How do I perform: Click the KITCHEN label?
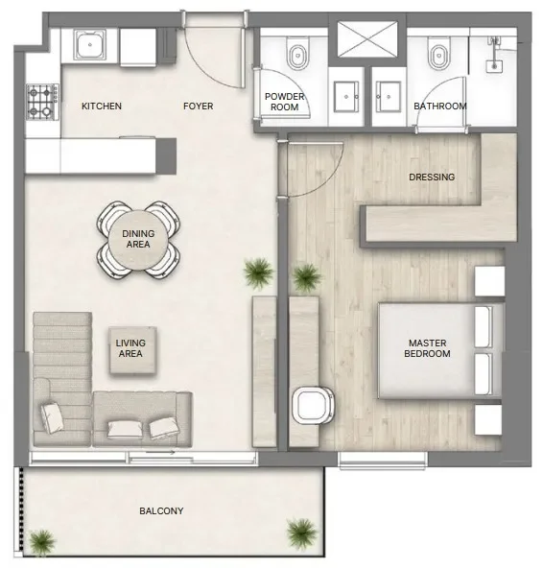tap(101, 106)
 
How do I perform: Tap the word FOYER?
tap(198, 106)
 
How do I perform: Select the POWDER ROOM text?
tap(285, 101)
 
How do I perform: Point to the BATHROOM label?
tap(440, 106)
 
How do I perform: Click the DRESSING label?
tap(431, 177)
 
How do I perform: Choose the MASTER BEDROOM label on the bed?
tap(429, 348)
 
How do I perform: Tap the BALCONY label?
tap(161, 511)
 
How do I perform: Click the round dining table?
tap(139, 239)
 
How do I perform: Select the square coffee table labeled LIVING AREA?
tap(130, 348)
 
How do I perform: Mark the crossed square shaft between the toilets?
tap(367, 40)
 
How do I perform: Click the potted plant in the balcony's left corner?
tap(40, 543)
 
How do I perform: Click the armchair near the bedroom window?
tap(312, 403)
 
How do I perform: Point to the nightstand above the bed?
tap(489, 281)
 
